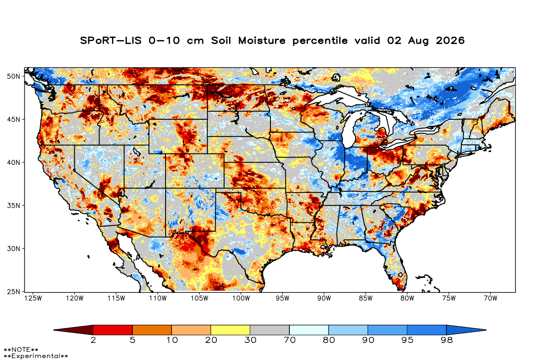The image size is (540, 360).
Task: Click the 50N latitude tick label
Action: (13, 76)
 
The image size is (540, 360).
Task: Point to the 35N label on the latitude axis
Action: (13, 206)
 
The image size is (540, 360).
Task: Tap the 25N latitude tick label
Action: (13, 292)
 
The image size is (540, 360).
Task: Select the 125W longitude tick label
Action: (33, 298)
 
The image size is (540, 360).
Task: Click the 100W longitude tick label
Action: (241, 298)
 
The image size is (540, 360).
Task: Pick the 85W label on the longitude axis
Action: (366, 298)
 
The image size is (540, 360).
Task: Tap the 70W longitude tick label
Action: (490, 298)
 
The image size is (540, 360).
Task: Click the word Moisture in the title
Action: (262, 40)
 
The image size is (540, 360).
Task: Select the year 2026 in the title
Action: (450, 40)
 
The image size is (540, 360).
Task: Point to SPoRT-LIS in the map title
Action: (111, 40)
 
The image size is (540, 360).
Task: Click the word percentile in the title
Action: (320, 41)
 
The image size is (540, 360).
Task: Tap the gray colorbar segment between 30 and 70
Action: (270, 330)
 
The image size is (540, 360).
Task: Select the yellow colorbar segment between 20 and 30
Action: (230, 330)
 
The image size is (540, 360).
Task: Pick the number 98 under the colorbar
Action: (446, 340)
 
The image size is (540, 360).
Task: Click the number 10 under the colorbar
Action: (172, 340)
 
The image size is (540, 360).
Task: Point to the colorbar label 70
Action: (289, 340)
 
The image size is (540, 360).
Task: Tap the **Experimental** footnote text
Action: (36, 356)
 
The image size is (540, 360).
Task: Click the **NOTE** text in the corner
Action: (21, 350)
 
